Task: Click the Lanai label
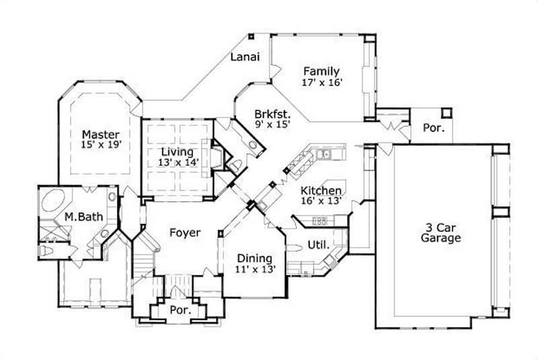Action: (245, 57)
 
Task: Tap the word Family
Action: (321, 71)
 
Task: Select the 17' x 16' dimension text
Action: (323, 82)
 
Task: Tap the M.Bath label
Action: (78, 217)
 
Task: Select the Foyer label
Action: (184, 233)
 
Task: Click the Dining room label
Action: (254, 258)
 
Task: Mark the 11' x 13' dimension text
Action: (254, 269)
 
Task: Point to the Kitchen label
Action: (320, 190)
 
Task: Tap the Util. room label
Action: (317, 244)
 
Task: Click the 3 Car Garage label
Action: (440, 232)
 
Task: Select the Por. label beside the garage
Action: (431, 127)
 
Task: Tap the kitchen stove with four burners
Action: (321, 220)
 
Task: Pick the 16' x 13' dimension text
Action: (320, 201)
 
